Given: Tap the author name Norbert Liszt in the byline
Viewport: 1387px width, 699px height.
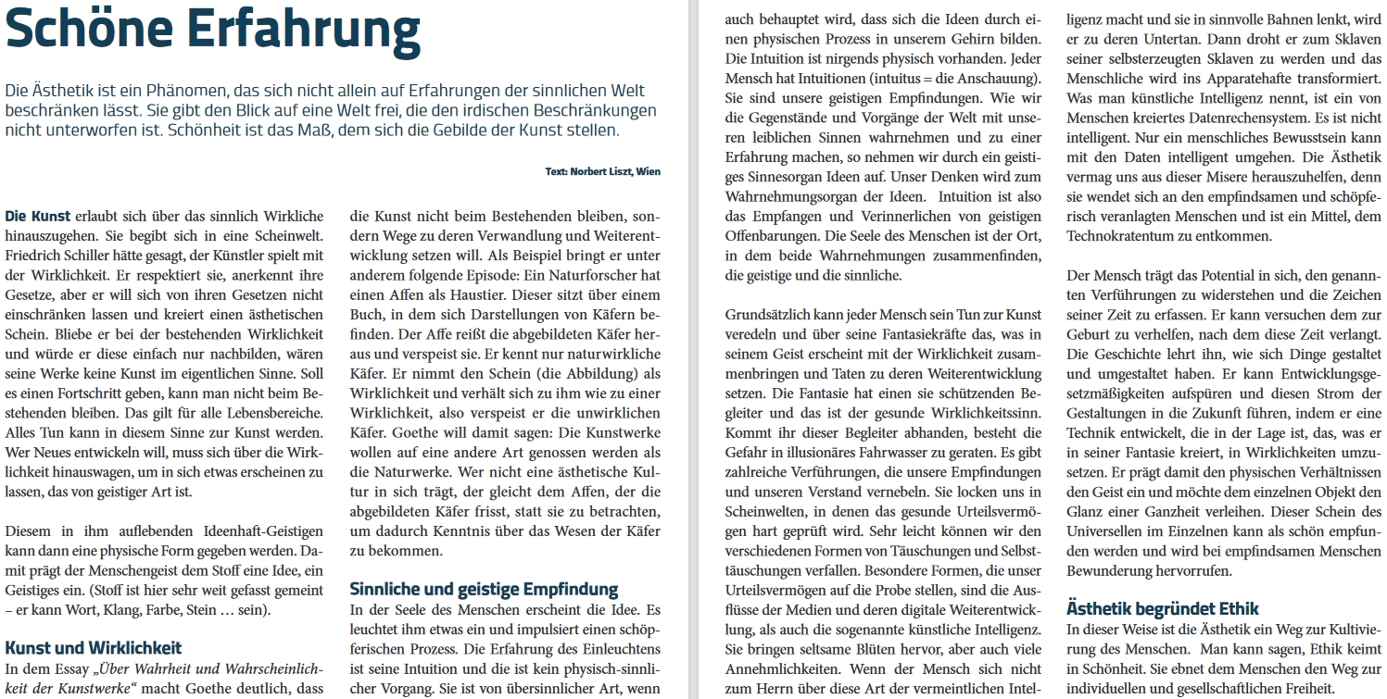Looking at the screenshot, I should tap(606, 171).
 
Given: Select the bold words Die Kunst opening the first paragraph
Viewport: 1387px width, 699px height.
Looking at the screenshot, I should tap(38, 216).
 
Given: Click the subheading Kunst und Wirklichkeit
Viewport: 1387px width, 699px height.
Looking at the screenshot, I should tap(94, 647).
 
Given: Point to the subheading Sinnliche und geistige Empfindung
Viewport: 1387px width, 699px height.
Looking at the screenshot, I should tap(484, 589).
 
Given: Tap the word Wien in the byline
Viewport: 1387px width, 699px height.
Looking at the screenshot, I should tap(649, 171).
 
